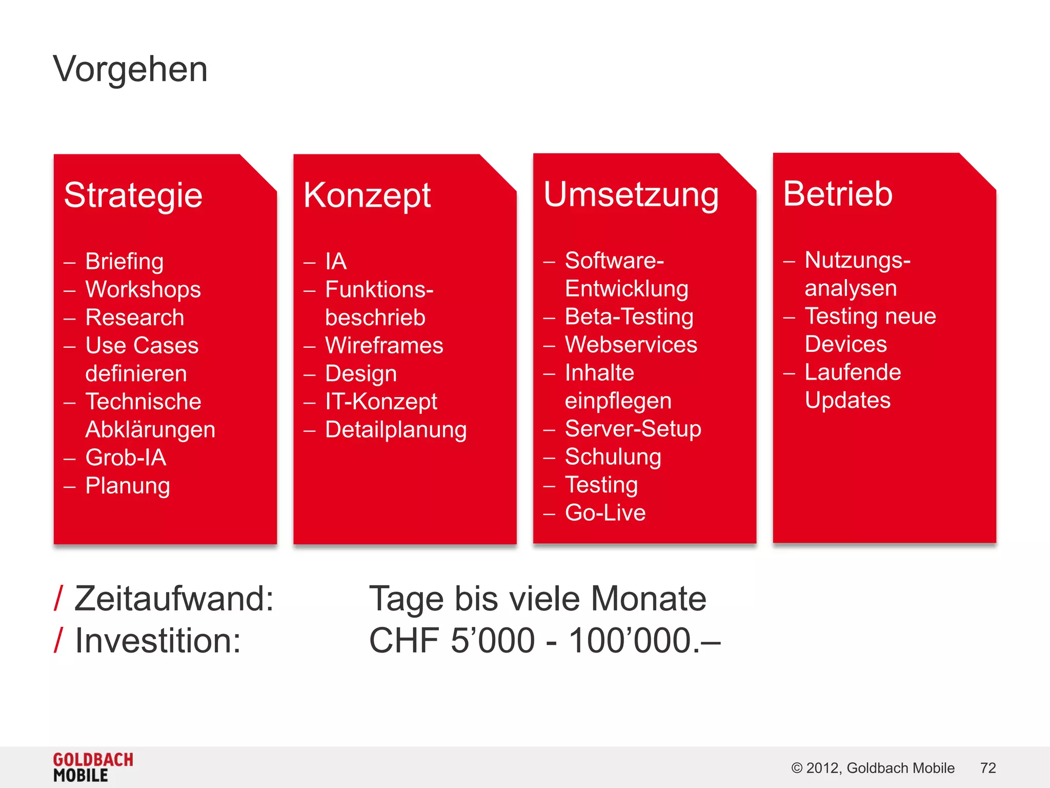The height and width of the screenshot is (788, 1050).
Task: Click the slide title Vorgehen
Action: (130, 69)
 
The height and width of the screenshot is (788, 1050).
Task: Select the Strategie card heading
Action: (133, 195)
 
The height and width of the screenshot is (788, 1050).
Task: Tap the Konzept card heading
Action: (367, 195)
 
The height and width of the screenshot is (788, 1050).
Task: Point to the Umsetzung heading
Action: (631, 195)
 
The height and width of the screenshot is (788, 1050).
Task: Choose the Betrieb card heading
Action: (838, 194)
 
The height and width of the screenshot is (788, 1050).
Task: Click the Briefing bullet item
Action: (124, 262)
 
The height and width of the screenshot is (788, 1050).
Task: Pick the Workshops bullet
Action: (143, 290)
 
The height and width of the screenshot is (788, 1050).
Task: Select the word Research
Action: (134, 318)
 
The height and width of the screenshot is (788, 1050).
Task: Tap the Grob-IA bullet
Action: (126, 458)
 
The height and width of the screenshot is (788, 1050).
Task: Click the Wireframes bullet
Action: (384, 346)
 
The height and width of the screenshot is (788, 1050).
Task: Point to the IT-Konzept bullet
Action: (381, 402)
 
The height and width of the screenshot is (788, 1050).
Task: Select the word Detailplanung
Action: (396, 430)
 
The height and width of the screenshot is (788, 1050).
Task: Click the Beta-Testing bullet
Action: (629, 317)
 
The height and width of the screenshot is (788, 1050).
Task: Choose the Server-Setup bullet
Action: (633, 429)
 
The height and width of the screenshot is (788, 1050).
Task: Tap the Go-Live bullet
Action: (605, 513)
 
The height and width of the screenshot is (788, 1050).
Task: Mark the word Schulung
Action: (613, 457)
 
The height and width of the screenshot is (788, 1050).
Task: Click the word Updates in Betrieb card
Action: (847, 401)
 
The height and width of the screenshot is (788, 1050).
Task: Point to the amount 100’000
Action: (630, 641)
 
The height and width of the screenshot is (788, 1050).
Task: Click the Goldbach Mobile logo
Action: (93, 767)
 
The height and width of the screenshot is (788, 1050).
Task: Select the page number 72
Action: (987, 768)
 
